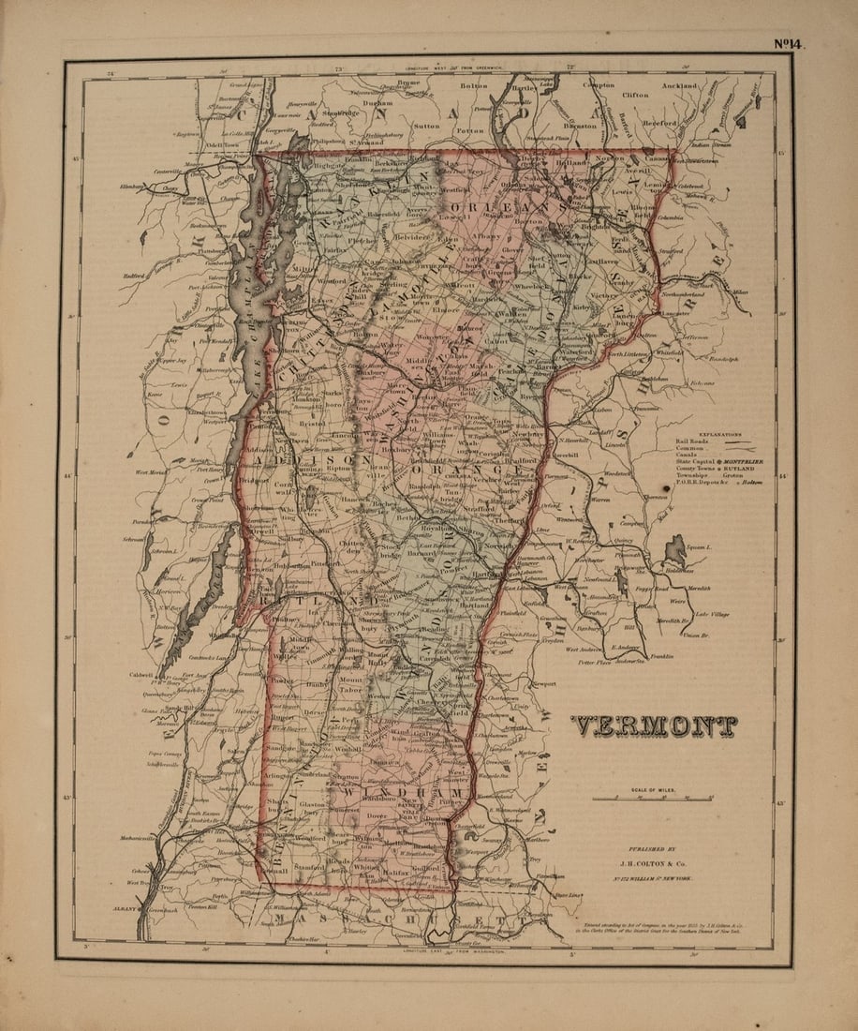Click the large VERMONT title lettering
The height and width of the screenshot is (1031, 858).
pos(654,726)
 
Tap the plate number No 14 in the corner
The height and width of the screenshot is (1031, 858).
pos(790,44)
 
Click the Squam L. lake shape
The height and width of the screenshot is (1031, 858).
pos(675,550)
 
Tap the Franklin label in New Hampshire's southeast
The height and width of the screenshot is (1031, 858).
pos(662,656)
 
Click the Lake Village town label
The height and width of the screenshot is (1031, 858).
pos(713,615)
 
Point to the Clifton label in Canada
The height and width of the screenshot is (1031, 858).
pos(634,95)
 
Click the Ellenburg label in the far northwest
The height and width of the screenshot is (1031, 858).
pos(133,186)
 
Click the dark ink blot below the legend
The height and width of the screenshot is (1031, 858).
pos(667,489)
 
